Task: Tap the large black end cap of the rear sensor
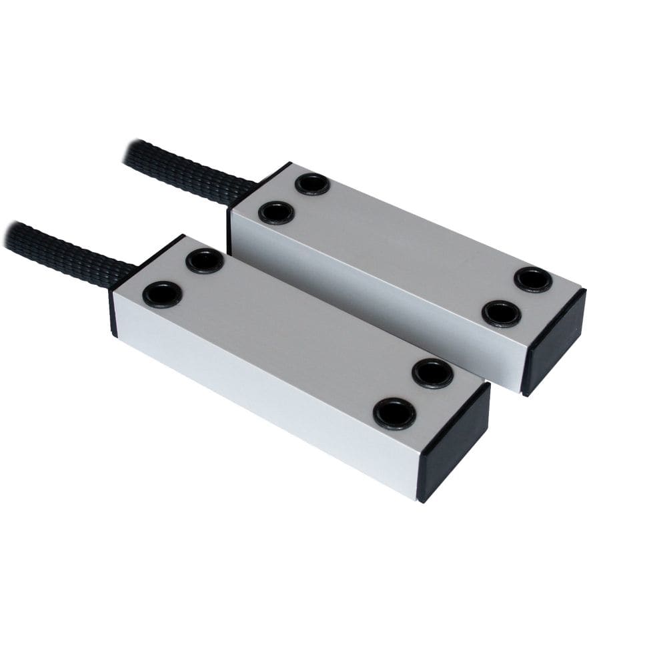click(554, 340)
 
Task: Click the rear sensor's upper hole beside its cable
click(312, 183)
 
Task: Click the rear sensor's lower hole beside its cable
click(276, 213)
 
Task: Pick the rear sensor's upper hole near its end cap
click(533, 279)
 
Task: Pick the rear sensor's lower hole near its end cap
click(502, 313)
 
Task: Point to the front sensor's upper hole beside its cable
click(204, 261)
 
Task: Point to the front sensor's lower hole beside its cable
click(162, 294)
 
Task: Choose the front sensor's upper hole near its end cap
click(432, 374)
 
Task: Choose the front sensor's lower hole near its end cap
click(394, 414)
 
